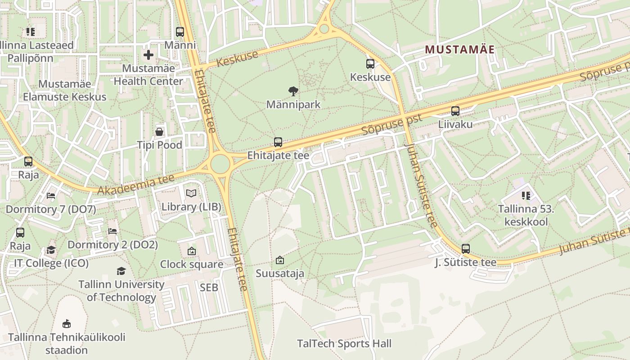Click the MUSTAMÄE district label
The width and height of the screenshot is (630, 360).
(459, 49)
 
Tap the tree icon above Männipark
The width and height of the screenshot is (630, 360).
(293, 91)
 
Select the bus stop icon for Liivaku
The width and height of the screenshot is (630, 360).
(455, 111)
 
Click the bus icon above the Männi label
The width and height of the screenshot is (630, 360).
(180, 31)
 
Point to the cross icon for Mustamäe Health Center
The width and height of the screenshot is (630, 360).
(148, 55)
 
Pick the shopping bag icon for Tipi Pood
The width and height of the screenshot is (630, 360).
(159, 131)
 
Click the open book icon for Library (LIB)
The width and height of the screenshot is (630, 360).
(191, 193)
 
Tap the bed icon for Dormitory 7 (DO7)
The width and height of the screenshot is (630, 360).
(51, 196)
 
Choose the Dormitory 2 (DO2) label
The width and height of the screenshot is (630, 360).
(112, 245)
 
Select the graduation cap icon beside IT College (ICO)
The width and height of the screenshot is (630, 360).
(51, 250)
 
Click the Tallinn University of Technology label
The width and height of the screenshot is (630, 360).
(121, 291)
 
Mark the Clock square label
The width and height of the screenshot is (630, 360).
(191, 264)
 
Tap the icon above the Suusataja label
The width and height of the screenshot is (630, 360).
(279, 260)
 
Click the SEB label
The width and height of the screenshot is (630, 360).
(209, 287)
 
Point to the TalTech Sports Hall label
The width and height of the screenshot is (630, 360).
(344, 344)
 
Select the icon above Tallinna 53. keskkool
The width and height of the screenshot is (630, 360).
(526, 195)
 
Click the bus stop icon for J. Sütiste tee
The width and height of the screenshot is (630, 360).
(465, 248)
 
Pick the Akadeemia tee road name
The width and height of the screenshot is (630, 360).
(136, 185)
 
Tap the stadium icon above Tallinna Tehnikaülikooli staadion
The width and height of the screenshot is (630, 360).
(67, 323)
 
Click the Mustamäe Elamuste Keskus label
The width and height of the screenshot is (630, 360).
(64, 90)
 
